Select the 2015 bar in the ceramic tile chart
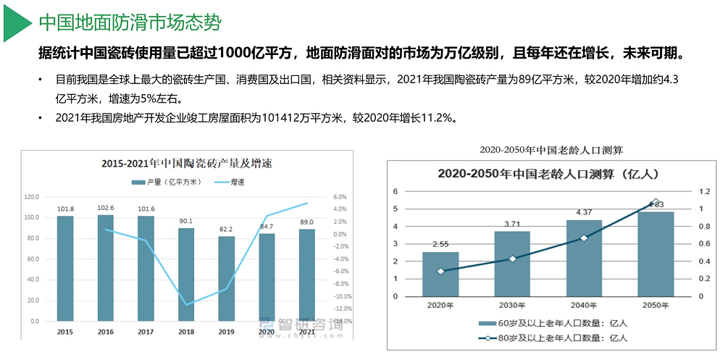65,268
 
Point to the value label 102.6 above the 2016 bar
106,208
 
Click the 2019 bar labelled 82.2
227,278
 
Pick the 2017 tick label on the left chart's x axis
146,332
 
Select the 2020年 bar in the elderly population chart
441,274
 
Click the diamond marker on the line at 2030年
513,259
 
